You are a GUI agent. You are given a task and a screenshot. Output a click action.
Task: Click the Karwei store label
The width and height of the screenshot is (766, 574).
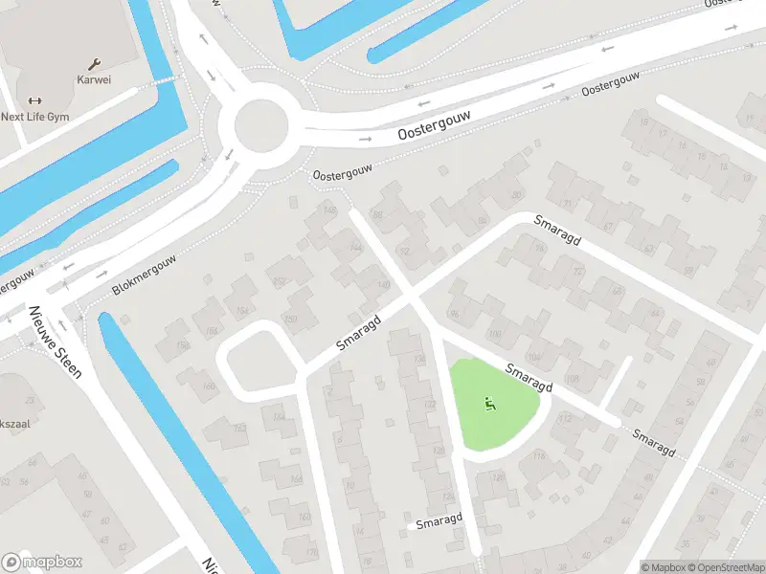94,79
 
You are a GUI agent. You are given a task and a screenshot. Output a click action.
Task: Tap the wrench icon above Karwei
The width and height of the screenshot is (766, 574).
94,64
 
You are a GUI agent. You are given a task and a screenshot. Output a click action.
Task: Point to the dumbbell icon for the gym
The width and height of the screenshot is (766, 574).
34,100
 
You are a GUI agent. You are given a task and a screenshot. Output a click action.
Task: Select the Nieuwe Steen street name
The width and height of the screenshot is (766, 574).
55,341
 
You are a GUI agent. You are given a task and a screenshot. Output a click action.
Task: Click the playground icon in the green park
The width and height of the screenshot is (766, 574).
490,404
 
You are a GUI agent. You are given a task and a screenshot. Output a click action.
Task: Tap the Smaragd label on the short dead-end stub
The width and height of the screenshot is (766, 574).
439,521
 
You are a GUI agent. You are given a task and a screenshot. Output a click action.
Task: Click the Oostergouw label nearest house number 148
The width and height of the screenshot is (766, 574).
341,171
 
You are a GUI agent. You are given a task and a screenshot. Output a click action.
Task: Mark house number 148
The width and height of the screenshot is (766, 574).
331,211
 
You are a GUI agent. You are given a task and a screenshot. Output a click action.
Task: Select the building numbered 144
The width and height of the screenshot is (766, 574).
356,248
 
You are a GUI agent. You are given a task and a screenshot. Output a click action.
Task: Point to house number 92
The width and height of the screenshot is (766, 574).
403,252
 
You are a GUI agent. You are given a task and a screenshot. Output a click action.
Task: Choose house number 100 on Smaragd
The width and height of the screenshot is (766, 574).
494,334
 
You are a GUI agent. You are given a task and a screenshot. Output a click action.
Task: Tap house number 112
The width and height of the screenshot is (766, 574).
565,418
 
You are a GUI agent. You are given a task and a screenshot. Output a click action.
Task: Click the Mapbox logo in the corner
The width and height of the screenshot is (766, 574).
42,562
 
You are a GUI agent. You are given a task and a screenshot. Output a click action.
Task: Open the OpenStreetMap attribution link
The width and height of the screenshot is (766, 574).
724,567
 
